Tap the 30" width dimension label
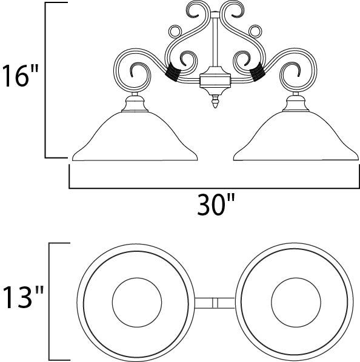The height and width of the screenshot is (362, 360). click(x=216, y=205)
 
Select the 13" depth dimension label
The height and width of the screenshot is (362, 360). click(x=23, y=297)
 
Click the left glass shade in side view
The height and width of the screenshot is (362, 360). click(x=135, y=136)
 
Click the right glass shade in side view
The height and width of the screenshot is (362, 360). click(x=296, y=136)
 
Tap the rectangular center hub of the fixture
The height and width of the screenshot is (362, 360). click(x=215, y=81)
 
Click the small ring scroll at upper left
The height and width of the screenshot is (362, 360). click(x=175, y=31)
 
